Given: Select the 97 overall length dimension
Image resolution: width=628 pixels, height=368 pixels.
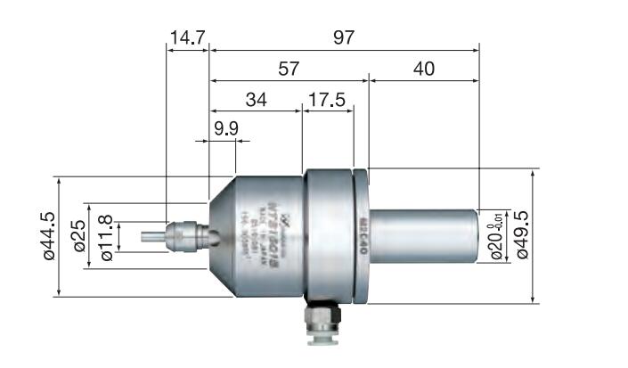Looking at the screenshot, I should click(x=344, y=37).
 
